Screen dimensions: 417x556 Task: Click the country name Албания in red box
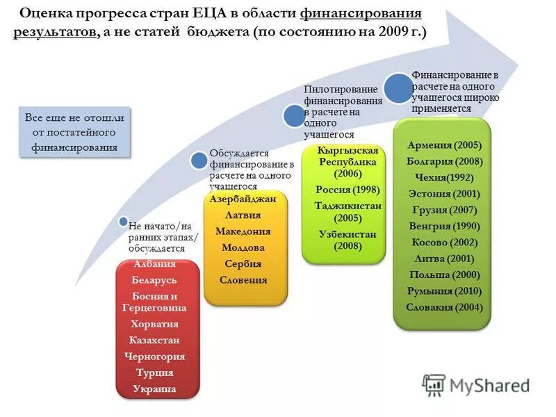154,264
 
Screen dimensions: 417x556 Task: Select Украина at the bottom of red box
154,389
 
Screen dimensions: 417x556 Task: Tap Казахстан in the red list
154,340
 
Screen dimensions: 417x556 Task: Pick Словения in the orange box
243,279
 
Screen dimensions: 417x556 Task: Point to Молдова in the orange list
243,247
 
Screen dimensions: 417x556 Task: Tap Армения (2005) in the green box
444,146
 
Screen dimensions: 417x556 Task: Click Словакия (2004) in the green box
444,306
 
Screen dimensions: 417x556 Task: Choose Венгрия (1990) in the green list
444,226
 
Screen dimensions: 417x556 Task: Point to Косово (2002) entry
444,243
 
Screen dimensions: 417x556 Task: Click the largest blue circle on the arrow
398,88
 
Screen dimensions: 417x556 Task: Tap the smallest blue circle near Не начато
123,224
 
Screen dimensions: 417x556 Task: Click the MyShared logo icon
434,384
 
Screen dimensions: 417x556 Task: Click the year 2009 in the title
391,33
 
